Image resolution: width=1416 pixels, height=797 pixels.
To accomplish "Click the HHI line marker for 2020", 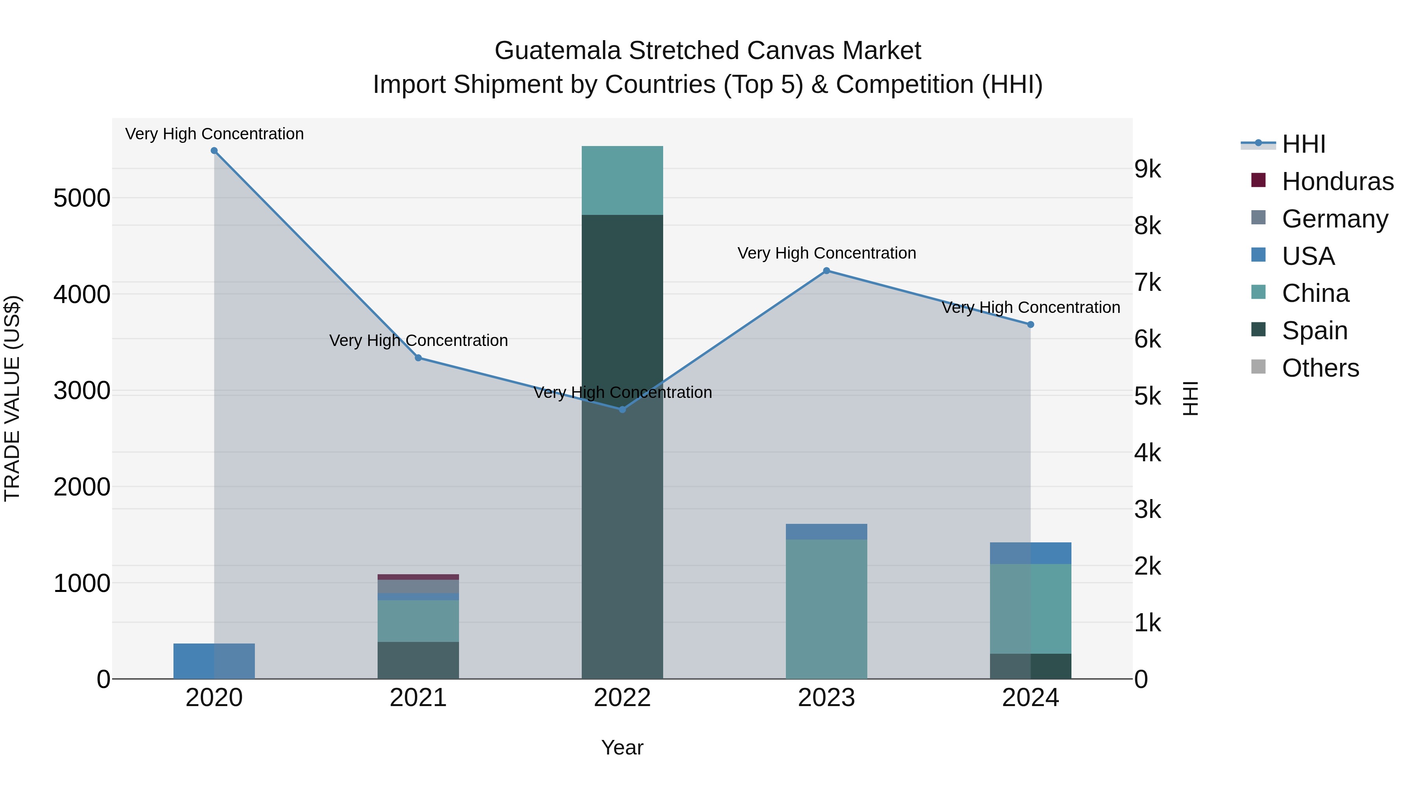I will (214, 151).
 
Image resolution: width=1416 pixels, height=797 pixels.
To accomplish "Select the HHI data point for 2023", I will (826, 271).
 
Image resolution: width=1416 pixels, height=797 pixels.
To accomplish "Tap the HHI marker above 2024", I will (1031, 325).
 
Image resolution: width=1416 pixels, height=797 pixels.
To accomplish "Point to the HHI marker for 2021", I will (419, 358).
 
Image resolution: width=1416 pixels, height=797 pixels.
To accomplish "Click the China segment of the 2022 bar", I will (622, 180).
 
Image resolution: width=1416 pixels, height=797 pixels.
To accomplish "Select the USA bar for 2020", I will (214, 661).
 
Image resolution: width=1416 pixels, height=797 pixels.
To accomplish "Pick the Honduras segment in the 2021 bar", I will (419, 577).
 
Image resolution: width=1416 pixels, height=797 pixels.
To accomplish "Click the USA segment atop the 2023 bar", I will (826, 531).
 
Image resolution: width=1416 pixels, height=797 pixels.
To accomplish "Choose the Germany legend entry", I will (1335, 219).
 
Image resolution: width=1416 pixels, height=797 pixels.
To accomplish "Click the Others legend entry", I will (1320, 368).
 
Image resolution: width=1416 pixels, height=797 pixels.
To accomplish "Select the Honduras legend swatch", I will (1258, 180).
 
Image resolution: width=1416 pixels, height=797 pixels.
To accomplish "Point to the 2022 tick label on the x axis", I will (622, 698).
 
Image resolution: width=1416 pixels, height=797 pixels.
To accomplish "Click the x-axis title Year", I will (622, 747).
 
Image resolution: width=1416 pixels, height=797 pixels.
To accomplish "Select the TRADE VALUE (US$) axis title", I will (12, 398).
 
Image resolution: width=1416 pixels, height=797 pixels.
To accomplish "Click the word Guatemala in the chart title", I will (557, 51).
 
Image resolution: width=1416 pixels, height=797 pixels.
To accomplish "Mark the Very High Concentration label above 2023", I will (826, 253).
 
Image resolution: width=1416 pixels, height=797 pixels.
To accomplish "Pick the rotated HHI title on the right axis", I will (1190, 398).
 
